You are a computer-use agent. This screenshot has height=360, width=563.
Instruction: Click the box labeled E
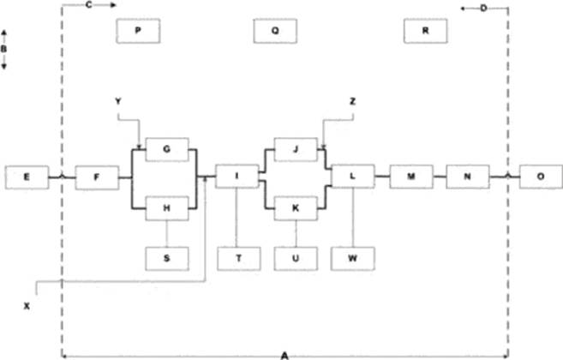(x=27, y=177)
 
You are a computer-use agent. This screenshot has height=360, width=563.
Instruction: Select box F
(x=96, y=177)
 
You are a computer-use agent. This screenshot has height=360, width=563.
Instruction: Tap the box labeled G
(x=167, y=148)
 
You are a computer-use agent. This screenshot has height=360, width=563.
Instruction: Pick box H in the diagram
(x=167, y=207)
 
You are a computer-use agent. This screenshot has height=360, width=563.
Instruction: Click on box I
(x=237, y=177)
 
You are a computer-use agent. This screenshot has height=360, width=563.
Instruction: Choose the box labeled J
(x=295, y=148)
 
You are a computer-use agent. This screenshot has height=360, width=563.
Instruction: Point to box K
(x=295, y=207)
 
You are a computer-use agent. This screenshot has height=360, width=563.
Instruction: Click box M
(x=410, y=177)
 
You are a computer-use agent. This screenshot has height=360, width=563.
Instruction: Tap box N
(x=468, y=177)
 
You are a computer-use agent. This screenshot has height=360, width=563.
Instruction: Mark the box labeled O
(x=541, y=177)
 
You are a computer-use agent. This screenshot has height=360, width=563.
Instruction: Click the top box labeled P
(x=137, y=30)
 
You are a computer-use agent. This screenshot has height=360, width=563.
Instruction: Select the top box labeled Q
(x=275, y=30)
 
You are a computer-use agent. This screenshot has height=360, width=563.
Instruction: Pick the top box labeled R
(x=425, y=30)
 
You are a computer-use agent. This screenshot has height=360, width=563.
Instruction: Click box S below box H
(x=167, y=257)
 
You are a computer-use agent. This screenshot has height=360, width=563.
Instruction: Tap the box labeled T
(x=237, y=257)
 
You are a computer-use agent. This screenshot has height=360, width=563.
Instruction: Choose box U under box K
(x=295, y=257)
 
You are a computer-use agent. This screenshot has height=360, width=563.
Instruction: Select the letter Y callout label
(x=118, y=102)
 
